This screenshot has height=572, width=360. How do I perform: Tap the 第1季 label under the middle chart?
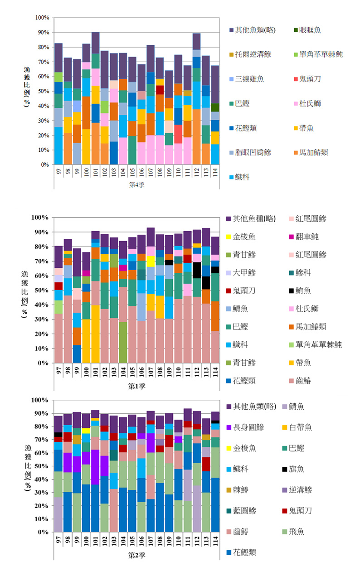point(136,386)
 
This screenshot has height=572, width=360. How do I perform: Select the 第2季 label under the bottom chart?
point(136,554)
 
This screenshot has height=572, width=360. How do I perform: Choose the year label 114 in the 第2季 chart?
point(215,540)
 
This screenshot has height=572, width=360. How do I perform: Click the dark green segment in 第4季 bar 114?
point(215,107)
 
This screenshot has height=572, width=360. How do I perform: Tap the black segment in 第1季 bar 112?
point(196,270)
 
